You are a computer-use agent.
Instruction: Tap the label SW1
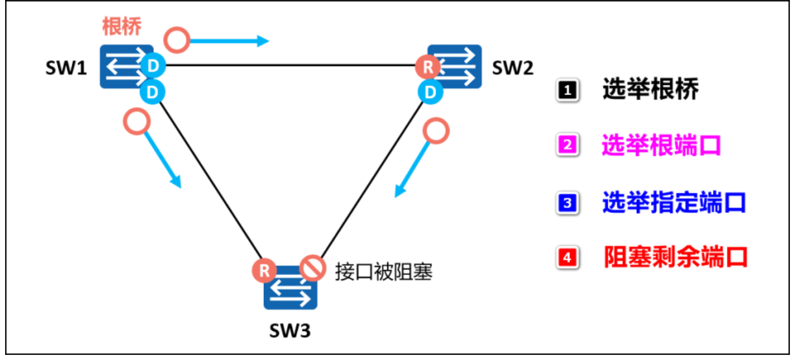(66, 68)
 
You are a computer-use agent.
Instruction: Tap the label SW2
(512, 68)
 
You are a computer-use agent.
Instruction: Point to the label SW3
(290, 330)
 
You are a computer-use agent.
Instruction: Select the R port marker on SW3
(264, 269)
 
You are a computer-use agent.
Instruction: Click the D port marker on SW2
(431, 91)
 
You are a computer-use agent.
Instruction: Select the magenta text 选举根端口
(661, 146)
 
